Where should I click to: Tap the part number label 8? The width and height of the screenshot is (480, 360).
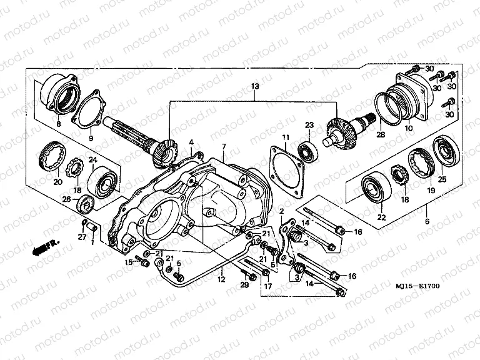click(x=58, y=124)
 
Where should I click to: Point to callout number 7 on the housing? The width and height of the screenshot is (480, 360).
click(x=223, y=147)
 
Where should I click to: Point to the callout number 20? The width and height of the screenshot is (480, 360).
click(x=57, y=182)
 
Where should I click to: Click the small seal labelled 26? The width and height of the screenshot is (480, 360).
click(x=84, y=202)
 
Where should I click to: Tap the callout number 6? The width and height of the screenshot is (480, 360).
click(x=426, y=221)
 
